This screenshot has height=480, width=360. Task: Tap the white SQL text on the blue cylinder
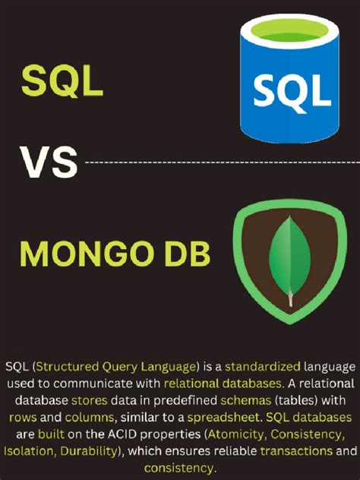coord(292,91)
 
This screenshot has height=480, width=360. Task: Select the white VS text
coord(48,161)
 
